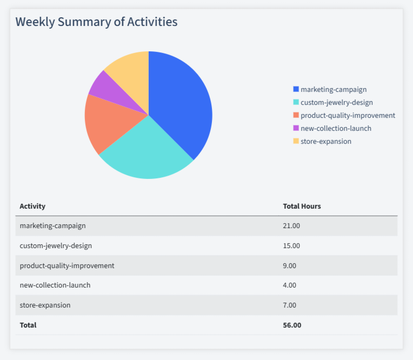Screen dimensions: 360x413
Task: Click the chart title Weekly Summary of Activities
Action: pyautogui.click(x=96, y=22)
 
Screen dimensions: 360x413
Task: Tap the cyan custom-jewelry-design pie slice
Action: pyautogui.click(x=146, y=151)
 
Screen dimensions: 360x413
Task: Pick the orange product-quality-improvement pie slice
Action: pyautogui.click(x=108, y=122)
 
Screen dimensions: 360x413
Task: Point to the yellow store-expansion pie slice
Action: pyautogui.click(x=130, y=70)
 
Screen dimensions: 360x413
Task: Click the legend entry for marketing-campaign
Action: pyautogui.click(x=333, y=89)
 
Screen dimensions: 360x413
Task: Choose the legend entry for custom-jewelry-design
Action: pyautogui.click(x=336, y=102)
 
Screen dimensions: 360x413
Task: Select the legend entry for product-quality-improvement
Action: pyautogui.click(x=348, y=115)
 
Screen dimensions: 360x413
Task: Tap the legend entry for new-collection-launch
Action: pyautogui.click(x=336, y=128)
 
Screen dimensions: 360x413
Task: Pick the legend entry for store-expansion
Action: pyautogui.click(x=325, y=141)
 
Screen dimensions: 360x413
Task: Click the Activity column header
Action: pyautogui.click(x=32, y=206)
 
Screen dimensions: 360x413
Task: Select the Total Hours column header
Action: pyautogui.click(x=302, y=206)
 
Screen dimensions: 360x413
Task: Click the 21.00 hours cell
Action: pyautogui.click(x=291, y=226)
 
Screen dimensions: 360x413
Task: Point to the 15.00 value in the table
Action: pyautogui.click(x=291, y=245)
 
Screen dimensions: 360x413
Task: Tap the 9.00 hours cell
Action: pyautogui.click(x=290, y=265)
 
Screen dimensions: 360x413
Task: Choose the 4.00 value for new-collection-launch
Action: pyautogui.click(x=290, y=285)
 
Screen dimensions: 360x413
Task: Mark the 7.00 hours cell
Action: pyautogui.click(x=290, y=305)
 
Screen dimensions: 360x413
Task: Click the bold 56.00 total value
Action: pyautogui.click(x=292, y=325)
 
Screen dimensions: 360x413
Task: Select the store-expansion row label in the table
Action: pyautogui.click(x=45, y=305)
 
